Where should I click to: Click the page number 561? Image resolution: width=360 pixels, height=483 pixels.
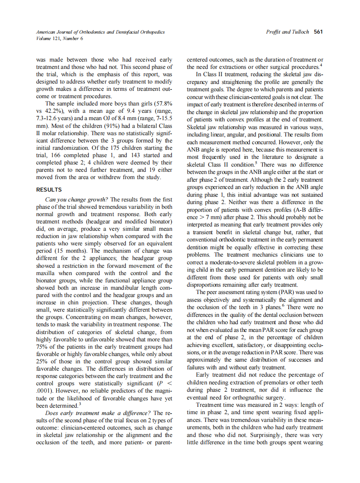pyautogui.click(x=319, y=32)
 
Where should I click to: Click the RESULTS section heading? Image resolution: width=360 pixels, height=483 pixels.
pyautogui.click(x=49, y=189)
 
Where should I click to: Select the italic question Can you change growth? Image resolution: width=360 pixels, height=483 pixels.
pyautogui.click(x=77, y=199)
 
